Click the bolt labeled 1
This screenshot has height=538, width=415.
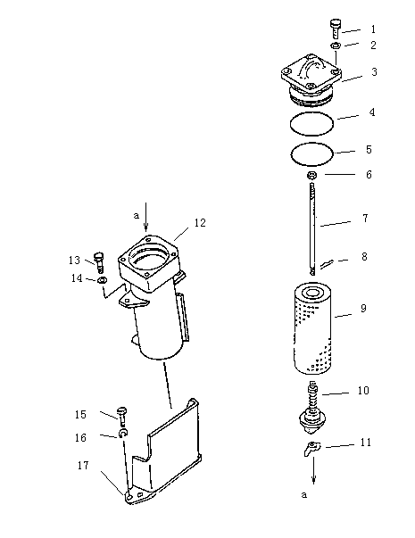336,29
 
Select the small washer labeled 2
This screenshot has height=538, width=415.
336,45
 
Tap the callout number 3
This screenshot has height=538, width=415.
374,72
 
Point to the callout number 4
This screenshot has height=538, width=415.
372,112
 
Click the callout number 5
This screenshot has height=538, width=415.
369,150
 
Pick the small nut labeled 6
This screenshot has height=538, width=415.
311,176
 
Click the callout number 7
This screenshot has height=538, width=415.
366,219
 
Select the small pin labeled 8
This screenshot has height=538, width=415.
326,264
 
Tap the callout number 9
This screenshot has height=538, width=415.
364,308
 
